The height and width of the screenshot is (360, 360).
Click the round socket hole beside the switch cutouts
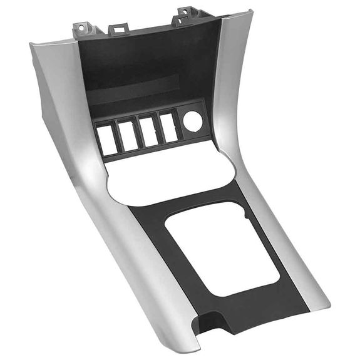[193, 121]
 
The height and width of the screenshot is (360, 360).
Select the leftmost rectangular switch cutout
[108, 139]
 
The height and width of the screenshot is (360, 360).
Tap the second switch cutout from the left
[128, 135]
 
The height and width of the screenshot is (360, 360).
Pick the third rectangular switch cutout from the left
[148, 130]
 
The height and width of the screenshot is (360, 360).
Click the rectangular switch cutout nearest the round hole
[167, 126]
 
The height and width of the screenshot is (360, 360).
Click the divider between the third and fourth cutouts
[158, 128]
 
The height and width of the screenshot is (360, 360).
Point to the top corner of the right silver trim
[249, 11]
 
